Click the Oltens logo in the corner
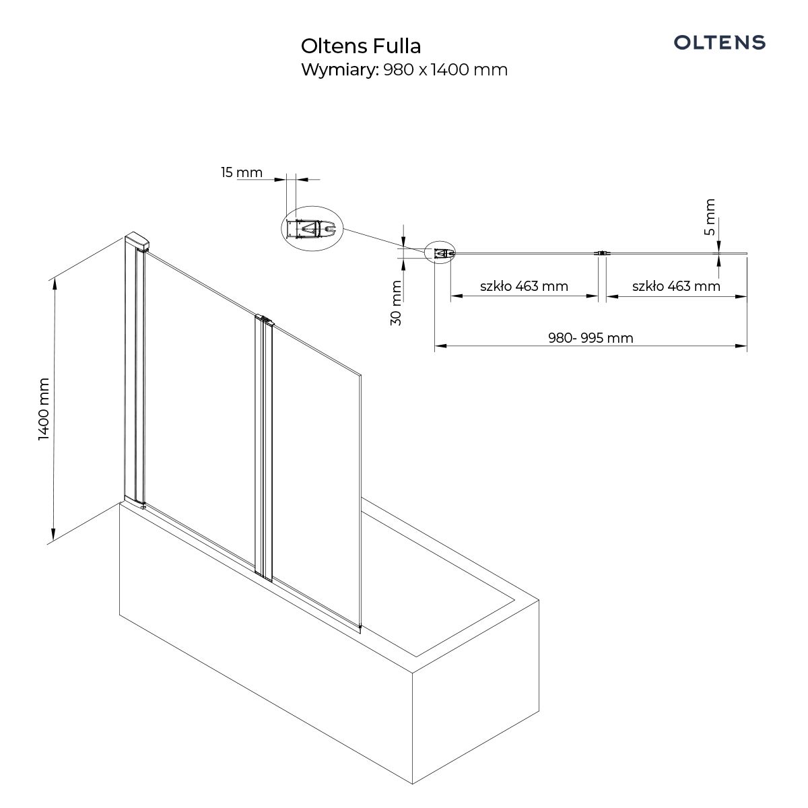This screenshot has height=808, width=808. tap(719, 42)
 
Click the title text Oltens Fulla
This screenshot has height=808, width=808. tap(361, 46)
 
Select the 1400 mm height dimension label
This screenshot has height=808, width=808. tap(44, 409)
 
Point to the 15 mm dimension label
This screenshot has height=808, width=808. tap(242, 172)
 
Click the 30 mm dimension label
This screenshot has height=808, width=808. tap(395, 303)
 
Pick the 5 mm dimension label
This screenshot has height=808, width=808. tap(710, 217)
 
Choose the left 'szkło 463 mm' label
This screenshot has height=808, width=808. tap(524, 286)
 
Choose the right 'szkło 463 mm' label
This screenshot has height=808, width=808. tap(676, 286)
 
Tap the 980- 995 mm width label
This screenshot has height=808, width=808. tap(591, 338)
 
